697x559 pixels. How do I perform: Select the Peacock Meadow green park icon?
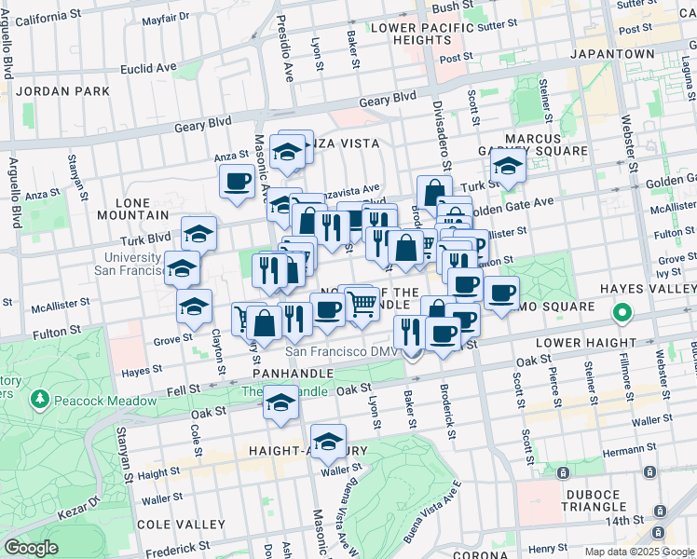39,401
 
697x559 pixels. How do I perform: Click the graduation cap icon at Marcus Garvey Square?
508,167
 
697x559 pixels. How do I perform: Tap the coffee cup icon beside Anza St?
237,180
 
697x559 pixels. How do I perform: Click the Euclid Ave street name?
149,68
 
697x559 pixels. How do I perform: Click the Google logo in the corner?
31,547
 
